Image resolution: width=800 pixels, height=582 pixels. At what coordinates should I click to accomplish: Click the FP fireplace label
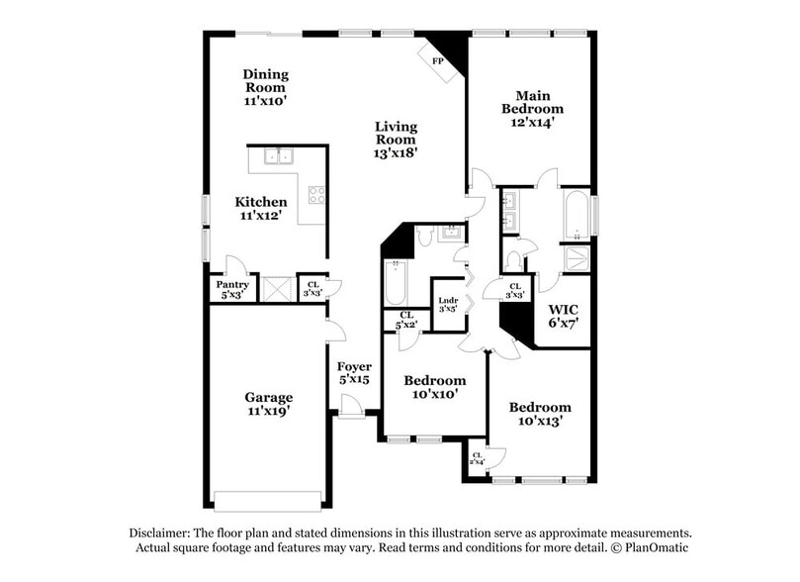437,60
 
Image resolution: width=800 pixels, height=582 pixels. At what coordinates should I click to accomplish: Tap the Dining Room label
265,87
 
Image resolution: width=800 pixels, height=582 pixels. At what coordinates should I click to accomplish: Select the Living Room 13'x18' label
396,140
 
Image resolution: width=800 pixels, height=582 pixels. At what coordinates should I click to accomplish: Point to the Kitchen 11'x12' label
260,208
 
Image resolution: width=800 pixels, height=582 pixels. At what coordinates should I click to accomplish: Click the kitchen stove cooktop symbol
317,195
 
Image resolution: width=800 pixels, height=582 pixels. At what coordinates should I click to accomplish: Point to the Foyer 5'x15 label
353,372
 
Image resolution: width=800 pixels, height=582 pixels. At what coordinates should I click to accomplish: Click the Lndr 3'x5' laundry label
447,305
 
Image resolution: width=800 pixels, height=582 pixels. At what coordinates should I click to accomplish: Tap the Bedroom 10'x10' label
435,388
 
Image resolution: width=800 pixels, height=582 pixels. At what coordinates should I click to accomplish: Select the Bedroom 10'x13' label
540,413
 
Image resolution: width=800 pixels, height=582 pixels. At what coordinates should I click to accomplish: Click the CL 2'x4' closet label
477,458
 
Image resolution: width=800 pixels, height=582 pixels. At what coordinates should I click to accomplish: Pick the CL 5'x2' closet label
405,320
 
